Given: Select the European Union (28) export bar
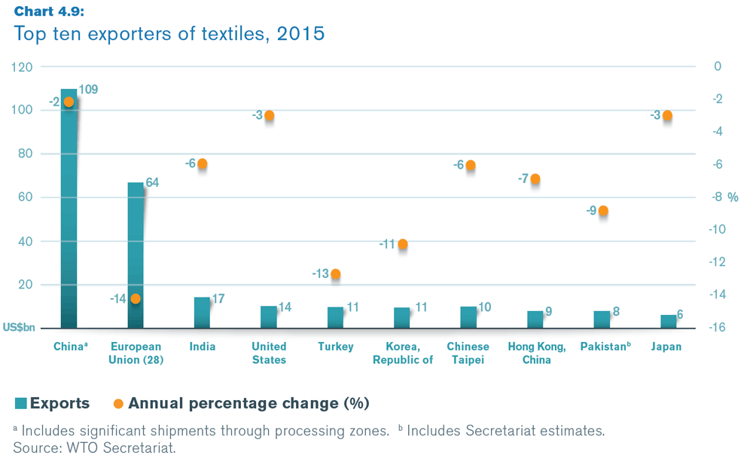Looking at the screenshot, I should pyautogui.click(x=136, y=255).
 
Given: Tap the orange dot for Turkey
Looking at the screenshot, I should pyautogui.click(x=336, y=274).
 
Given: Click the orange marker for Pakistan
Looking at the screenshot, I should pyautogui.click(x=602, y=211).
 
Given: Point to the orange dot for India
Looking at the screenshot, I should pyautogui.click(x=202, y=163).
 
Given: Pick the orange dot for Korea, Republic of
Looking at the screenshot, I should pyautogui.click(x=403, y=244).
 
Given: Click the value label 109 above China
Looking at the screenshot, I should pyautogui.click(x=88, y=90).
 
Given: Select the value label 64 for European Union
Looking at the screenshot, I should pyautogui.click(x=152, y=183).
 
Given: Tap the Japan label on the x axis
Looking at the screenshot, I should pyautogui.click(x=667, y=347).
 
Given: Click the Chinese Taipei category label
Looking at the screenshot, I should pyautogui.click(x=468, y=353).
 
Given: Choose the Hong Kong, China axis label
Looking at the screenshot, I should pyautogui.click(x=535, y=353).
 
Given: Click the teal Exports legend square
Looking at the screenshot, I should pyautogui.click(x=20, y=403).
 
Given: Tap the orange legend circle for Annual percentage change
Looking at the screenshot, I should pyautogui.click(x=118, y=403).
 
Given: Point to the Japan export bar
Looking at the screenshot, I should pyautogui.click(x=668, y=322).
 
